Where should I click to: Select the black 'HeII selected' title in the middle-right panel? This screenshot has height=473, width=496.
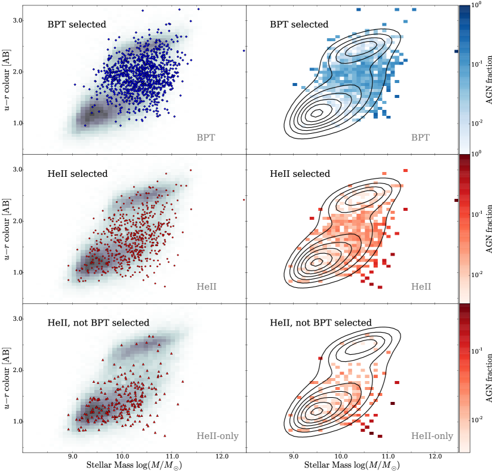point(300,174)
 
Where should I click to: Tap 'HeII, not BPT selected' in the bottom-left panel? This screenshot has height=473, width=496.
point(98,322)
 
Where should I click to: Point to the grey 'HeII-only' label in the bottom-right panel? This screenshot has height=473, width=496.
point(432,436)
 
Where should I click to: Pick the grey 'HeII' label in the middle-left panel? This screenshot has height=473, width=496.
point(207,287)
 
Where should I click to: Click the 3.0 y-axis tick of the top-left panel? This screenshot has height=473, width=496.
point(18,20)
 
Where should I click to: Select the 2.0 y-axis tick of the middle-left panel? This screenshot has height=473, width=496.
point(18,221)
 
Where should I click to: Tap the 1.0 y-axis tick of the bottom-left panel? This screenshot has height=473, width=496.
point(18,422)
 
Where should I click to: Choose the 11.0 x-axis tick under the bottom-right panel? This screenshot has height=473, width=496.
point(388,457)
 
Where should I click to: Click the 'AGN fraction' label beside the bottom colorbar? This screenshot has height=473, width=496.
point(488,379)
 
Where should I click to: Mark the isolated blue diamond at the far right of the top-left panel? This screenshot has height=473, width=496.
point(244,51)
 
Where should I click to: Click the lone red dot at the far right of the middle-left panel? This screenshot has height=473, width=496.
point(244,199)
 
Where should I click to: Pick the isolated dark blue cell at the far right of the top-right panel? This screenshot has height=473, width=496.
point(456,51)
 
